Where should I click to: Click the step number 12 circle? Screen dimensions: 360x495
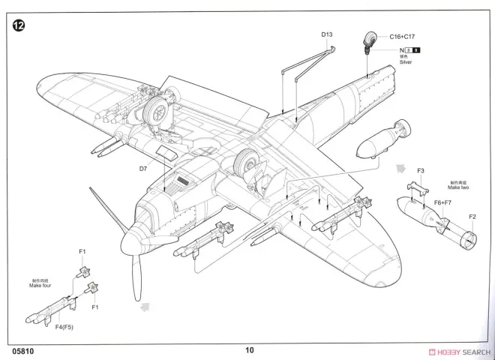19,25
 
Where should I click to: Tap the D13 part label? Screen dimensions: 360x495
327,34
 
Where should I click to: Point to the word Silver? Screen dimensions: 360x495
407,62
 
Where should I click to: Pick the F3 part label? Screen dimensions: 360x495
421,171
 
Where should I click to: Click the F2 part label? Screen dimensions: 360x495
472,217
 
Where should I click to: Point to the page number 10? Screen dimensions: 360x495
249,349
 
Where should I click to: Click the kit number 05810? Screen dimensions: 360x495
22,349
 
